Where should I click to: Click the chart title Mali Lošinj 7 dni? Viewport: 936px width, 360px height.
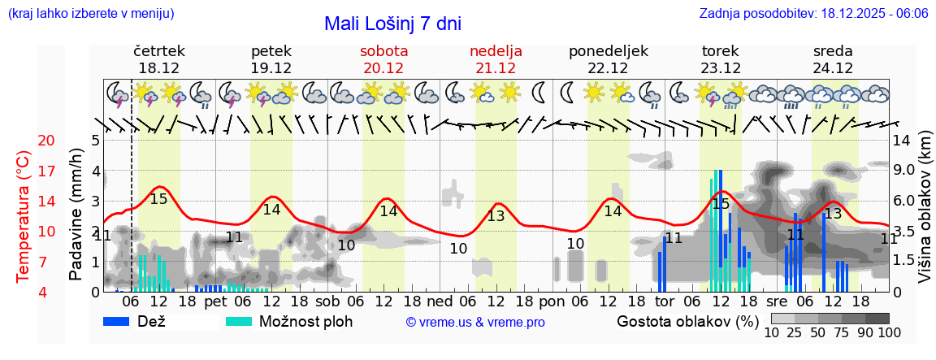point(392,24)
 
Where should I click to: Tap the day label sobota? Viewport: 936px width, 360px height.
point(383,50)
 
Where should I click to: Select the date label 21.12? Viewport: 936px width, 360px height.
point(496,68)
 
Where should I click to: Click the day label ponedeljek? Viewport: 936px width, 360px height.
point(609,50)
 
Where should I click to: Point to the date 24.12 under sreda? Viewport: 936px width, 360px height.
point(833,68)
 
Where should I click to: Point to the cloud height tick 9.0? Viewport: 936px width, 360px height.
point(905,171)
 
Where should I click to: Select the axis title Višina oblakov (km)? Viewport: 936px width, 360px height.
point(925,210)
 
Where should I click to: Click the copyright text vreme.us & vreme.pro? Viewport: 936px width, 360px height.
point(475,323)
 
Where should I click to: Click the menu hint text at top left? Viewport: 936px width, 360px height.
point(90,14)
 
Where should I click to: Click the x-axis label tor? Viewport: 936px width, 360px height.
point(665,301)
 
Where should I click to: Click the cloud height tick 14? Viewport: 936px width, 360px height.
point(901,141)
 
